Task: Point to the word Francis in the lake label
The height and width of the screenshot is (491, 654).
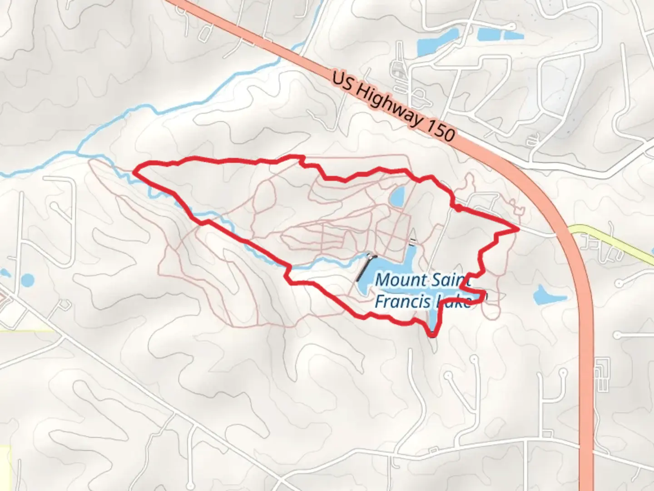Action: tap(401, 301)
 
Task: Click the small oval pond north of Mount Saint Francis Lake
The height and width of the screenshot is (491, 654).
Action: tap(396, 197)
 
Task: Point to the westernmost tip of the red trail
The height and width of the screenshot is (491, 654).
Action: tap(134, 171)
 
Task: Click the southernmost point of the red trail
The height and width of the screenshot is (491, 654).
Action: tap(433, 336)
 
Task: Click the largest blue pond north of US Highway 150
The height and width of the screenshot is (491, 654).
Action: tap(491, 35)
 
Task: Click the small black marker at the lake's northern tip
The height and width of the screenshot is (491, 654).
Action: tap(412, 241)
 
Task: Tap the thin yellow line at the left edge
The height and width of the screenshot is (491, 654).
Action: tap(27, 330)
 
